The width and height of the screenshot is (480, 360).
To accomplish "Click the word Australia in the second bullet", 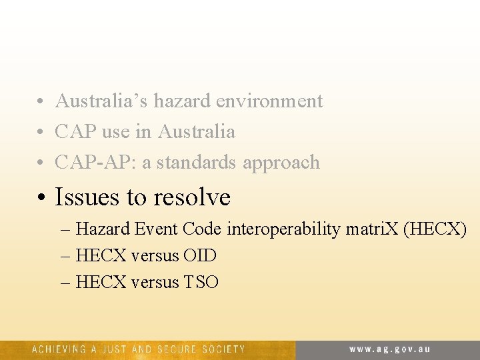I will (x=197, y=132).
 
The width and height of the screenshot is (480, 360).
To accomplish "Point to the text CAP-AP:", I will (x=95, y=163).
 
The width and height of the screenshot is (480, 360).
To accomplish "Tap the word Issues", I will (x=85, y=197).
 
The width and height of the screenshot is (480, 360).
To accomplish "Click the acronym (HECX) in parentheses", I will (x=434, y=229).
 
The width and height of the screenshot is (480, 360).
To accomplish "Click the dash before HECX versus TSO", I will (x=65, y=283).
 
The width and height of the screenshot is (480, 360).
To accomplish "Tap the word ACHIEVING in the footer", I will (x=59, y=349).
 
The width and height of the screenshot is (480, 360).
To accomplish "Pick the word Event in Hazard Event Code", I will (x=155, y=229).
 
